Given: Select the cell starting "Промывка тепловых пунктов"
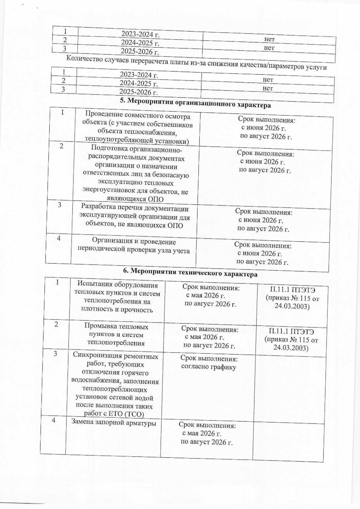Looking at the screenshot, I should (116, 335).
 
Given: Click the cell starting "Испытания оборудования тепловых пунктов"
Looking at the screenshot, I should (117, 297).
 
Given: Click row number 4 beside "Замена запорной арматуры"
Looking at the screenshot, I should (54, 421).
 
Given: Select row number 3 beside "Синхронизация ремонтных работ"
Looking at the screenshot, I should (55, 354).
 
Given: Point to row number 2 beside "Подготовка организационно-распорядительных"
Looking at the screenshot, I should (61, 146).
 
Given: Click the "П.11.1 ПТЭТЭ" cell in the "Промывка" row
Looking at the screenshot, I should (291, 339).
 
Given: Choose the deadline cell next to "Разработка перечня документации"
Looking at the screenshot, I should (263, 220).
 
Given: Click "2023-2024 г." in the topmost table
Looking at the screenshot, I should (140, 34).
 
